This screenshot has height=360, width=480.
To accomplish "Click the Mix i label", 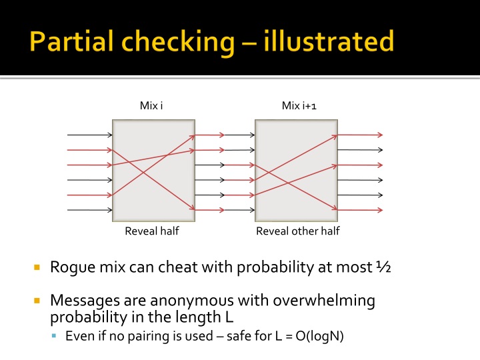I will click(152, 105).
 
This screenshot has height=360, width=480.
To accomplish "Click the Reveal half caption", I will click(152, 231).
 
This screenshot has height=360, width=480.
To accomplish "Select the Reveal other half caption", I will click(298, 231).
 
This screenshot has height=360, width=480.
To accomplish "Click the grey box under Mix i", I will click(153, 169).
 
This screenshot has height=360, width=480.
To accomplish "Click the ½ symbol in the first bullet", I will click(383, 267).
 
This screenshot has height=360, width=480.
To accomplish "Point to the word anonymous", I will click(175, 301).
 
